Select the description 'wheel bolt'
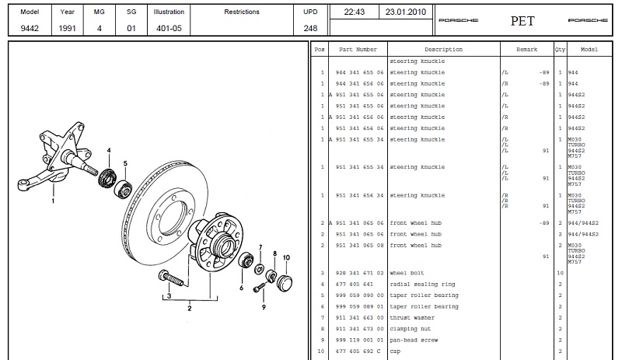(407, 274)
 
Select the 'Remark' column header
(526, 49)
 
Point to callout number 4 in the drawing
(109, 150)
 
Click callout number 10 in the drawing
(287, 257)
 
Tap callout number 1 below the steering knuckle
(53, 200)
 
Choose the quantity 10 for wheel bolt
(560, 274)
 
